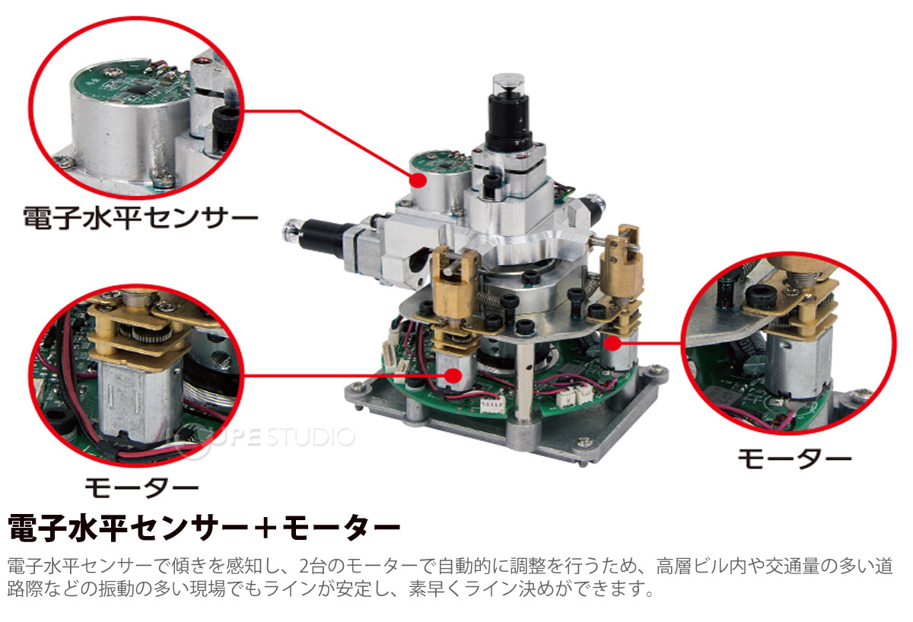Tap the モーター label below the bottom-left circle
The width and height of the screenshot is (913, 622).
(142, 487)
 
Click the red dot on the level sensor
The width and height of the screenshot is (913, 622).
(418, 180)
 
